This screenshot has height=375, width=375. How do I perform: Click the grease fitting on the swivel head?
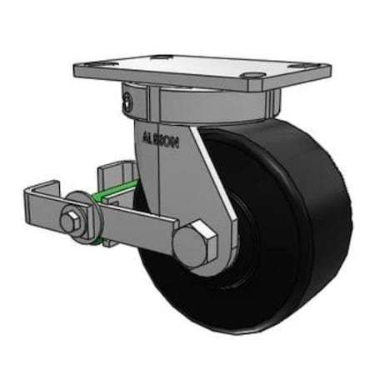click(x=126, y=103)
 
